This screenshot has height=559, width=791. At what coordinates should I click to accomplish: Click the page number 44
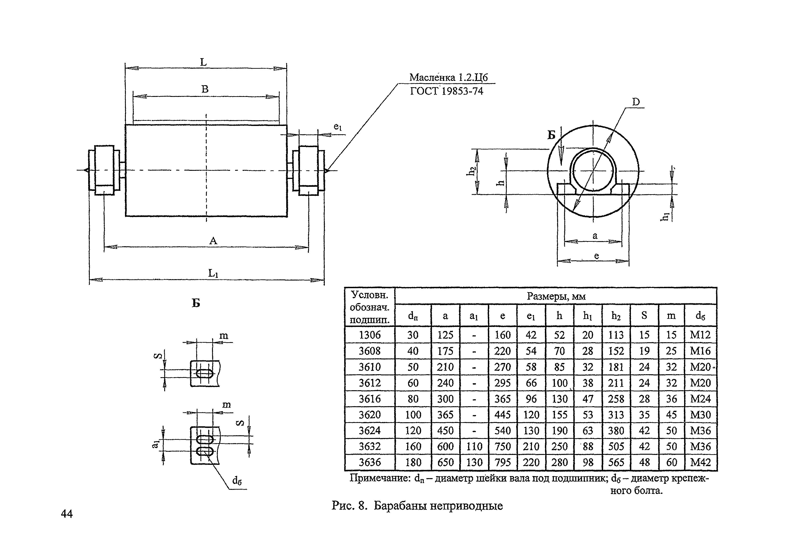coord(67,514)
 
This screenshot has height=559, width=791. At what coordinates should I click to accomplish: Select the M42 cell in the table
coord(700,462)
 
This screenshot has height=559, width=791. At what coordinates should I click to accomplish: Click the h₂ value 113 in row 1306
coord(616,335)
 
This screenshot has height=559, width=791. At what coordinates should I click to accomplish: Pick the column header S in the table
coord(644,315)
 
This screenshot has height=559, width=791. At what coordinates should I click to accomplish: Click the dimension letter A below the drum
coord(213,241)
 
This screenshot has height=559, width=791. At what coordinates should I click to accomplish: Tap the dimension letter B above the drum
coord(205,89)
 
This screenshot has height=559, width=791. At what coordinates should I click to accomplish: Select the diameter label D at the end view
coord(636,102)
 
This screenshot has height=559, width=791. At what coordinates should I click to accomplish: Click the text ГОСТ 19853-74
coord(447,91)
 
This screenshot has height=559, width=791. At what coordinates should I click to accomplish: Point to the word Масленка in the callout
coord(432,78)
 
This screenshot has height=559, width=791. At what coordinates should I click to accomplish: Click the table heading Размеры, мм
coord(556,296)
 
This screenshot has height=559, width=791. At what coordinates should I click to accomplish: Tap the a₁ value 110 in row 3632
coord(474,446)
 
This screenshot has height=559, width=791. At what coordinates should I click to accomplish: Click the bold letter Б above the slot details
coord(196,303)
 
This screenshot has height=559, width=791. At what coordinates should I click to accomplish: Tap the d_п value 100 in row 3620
coord(413,415)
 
